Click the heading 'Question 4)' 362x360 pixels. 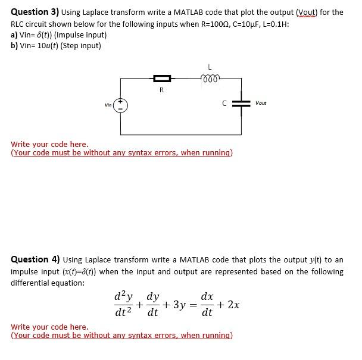click(x=35, y=259)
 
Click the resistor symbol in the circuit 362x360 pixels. click(x=162, y=79)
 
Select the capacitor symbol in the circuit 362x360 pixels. click(x=241, y=104)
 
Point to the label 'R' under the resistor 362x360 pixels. click(x=161, y=90)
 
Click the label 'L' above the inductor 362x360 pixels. click(x=209, y=66)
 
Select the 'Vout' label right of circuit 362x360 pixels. click(x=261, y=103)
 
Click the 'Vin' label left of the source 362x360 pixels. click(x=108, y=106)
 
